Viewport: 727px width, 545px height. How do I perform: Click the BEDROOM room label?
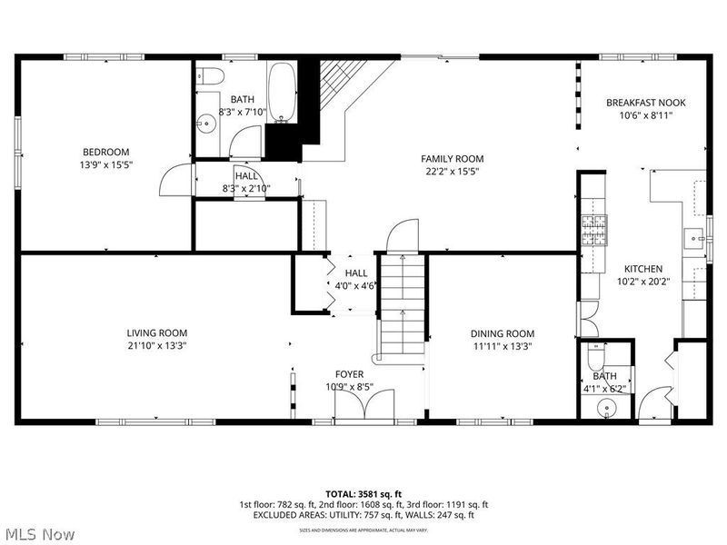106,152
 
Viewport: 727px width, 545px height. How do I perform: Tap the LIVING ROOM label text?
157,333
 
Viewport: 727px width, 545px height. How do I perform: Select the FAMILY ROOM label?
452,158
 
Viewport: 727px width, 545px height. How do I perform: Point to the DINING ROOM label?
503,333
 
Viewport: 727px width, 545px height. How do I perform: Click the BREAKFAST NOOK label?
646,103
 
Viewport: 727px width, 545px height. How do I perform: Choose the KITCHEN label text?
642,269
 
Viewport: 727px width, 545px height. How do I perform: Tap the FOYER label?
349,374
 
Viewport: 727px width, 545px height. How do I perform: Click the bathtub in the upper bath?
282,92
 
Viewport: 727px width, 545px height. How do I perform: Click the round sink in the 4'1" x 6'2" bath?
605,408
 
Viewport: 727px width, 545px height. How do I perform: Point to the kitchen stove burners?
594,231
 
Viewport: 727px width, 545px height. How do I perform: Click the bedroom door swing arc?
173,182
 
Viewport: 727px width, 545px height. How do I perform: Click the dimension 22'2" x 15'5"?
452,171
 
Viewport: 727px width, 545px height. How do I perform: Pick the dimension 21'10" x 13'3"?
157,345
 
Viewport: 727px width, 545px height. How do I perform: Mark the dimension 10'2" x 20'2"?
642,282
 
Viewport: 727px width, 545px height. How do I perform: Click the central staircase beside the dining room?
401,304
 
